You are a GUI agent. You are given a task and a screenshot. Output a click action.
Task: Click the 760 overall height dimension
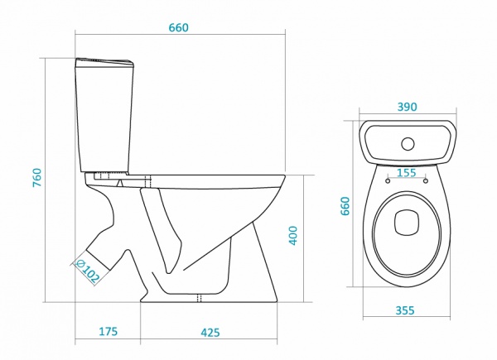click(x=37, y=177)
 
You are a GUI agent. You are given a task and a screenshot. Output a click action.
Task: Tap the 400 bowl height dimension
click(x=293, y=235)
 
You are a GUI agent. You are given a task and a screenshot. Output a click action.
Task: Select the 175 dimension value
click(x=108, y=331)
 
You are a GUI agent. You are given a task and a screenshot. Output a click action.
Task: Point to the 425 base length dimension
click(x=210, y=333)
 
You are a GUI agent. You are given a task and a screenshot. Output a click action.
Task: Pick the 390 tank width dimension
click(x=408, y=107)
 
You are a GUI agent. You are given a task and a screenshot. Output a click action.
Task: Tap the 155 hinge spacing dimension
click(x=406, y=173)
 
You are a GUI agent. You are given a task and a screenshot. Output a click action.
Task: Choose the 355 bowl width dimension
click(x=405, y=310)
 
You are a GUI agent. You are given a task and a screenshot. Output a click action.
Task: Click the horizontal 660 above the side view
click(x=178, y=28)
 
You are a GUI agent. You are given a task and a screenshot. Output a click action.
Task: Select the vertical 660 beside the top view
click(x=345, y=206)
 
